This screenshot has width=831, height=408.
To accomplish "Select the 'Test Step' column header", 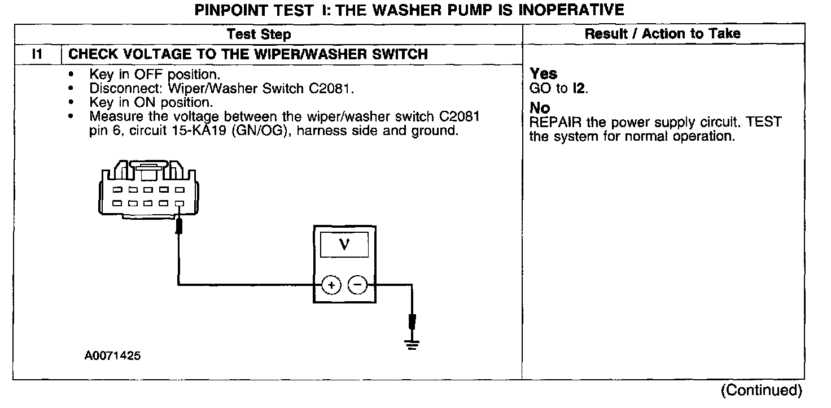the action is click(x=259, y=34).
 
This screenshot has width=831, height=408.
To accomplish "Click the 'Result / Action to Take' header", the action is click(x=662, y=34).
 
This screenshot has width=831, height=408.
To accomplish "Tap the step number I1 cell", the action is click(x=37, y=54).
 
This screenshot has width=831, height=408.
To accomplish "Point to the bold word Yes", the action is click(x=543, y=74).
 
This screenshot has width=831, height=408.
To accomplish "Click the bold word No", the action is click(x=540, y=108).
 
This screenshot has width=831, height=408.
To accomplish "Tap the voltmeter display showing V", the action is click(x=344, y=245).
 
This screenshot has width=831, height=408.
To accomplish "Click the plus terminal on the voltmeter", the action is click(x=331, y=286).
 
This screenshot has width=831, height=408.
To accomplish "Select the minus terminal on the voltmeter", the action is click(x=357, y=286).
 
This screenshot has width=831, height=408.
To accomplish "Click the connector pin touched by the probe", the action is click(x=180, y=203).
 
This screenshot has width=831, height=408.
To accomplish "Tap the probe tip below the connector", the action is click(x=180, y=227).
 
